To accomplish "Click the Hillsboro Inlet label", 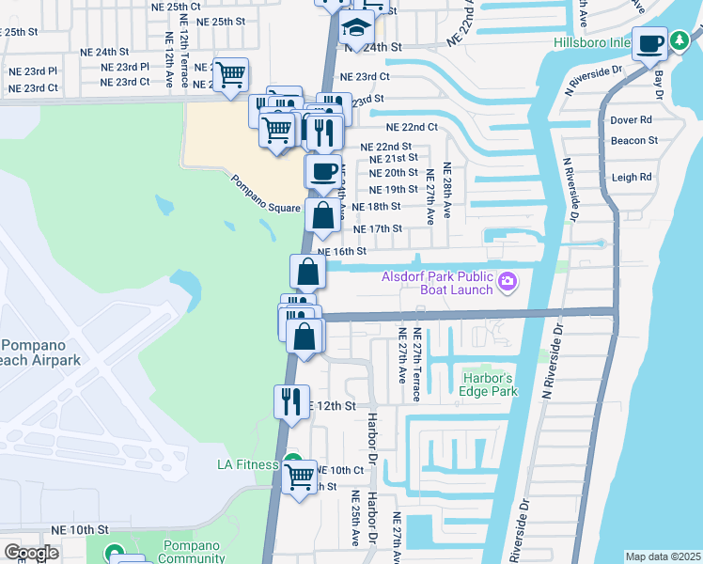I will point(591,42).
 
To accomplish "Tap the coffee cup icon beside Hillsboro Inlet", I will point(649,41).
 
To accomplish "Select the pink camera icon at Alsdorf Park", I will point(508,281).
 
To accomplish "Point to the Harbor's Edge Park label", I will point(489,385).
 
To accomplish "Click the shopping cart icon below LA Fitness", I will point(299,478).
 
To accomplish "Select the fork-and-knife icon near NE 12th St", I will point(290,401).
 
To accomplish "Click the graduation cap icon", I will point(357,29).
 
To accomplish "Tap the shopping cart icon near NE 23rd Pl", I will point(229,74).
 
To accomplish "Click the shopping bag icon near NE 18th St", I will point(322,215).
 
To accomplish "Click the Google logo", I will point(32,553).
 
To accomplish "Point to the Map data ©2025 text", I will point(663,556).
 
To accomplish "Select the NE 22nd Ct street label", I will point(412,127).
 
